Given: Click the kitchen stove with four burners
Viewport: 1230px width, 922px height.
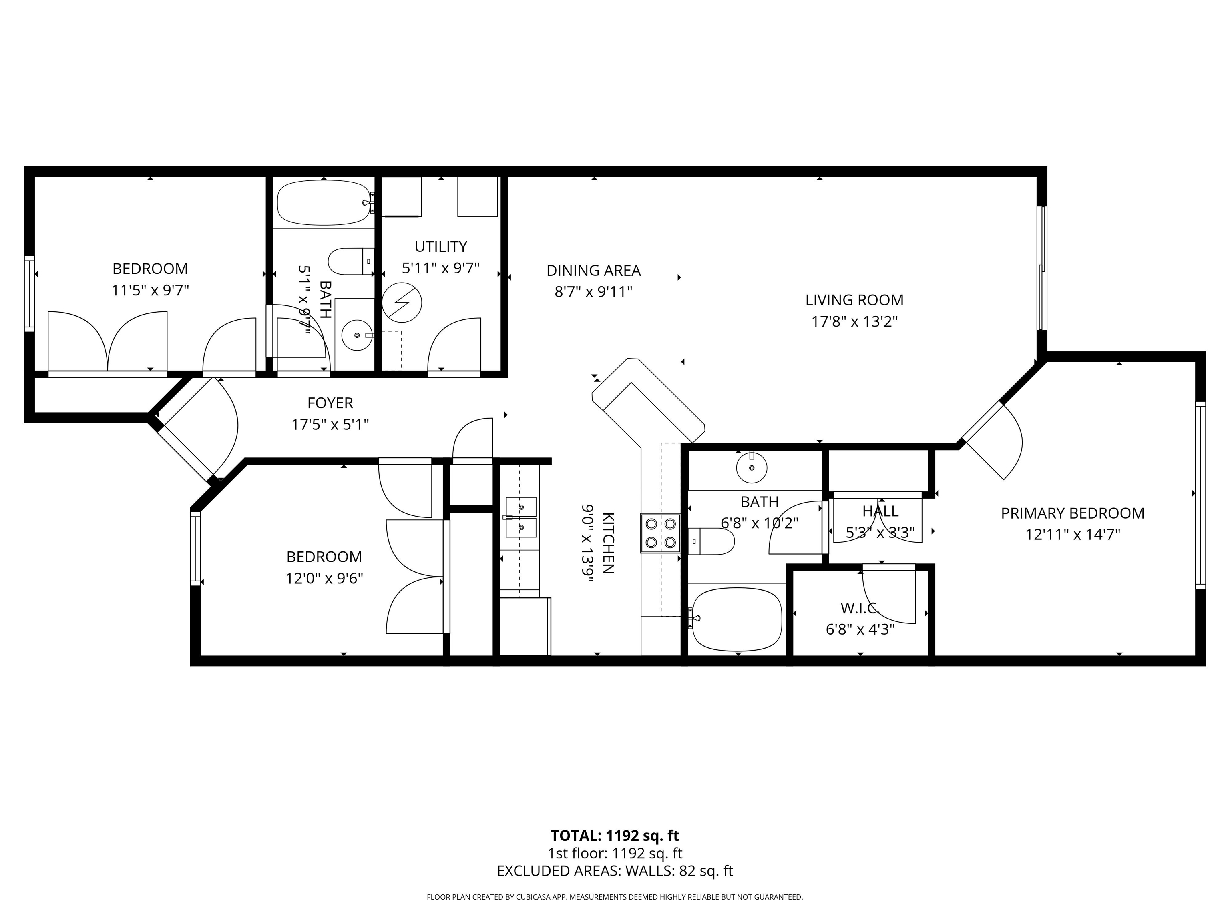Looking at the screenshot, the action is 661,533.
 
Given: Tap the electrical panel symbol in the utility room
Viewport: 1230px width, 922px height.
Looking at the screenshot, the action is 402,303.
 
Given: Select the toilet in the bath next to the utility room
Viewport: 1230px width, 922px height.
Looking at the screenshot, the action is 351,261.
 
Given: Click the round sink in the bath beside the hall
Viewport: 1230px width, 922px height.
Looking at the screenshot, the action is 752,467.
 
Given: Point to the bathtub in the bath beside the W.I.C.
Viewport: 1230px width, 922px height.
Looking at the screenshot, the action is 737,619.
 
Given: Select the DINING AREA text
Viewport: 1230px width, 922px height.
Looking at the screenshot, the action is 594,271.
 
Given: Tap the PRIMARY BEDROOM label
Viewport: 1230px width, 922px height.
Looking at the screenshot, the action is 1073,513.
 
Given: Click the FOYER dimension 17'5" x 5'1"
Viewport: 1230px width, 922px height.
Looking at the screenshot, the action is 330,425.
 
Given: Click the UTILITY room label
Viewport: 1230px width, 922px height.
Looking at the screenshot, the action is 441,246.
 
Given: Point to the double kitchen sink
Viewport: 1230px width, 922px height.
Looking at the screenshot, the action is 521,517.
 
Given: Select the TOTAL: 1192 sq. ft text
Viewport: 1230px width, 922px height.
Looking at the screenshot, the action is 615,836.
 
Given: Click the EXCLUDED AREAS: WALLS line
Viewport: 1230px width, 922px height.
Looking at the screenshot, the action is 615,871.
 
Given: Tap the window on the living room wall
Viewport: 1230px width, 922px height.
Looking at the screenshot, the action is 1042,269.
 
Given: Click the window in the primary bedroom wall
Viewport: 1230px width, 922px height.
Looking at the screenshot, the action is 1200,495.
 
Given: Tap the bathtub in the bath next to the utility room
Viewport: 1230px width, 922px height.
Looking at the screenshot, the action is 323,203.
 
